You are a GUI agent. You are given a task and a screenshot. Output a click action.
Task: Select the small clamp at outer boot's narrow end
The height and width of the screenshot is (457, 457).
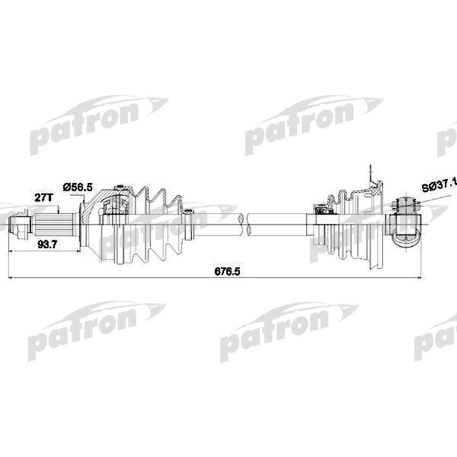[188, 222]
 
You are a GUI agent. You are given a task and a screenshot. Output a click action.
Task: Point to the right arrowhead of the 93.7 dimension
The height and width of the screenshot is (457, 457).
[78, 250]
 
